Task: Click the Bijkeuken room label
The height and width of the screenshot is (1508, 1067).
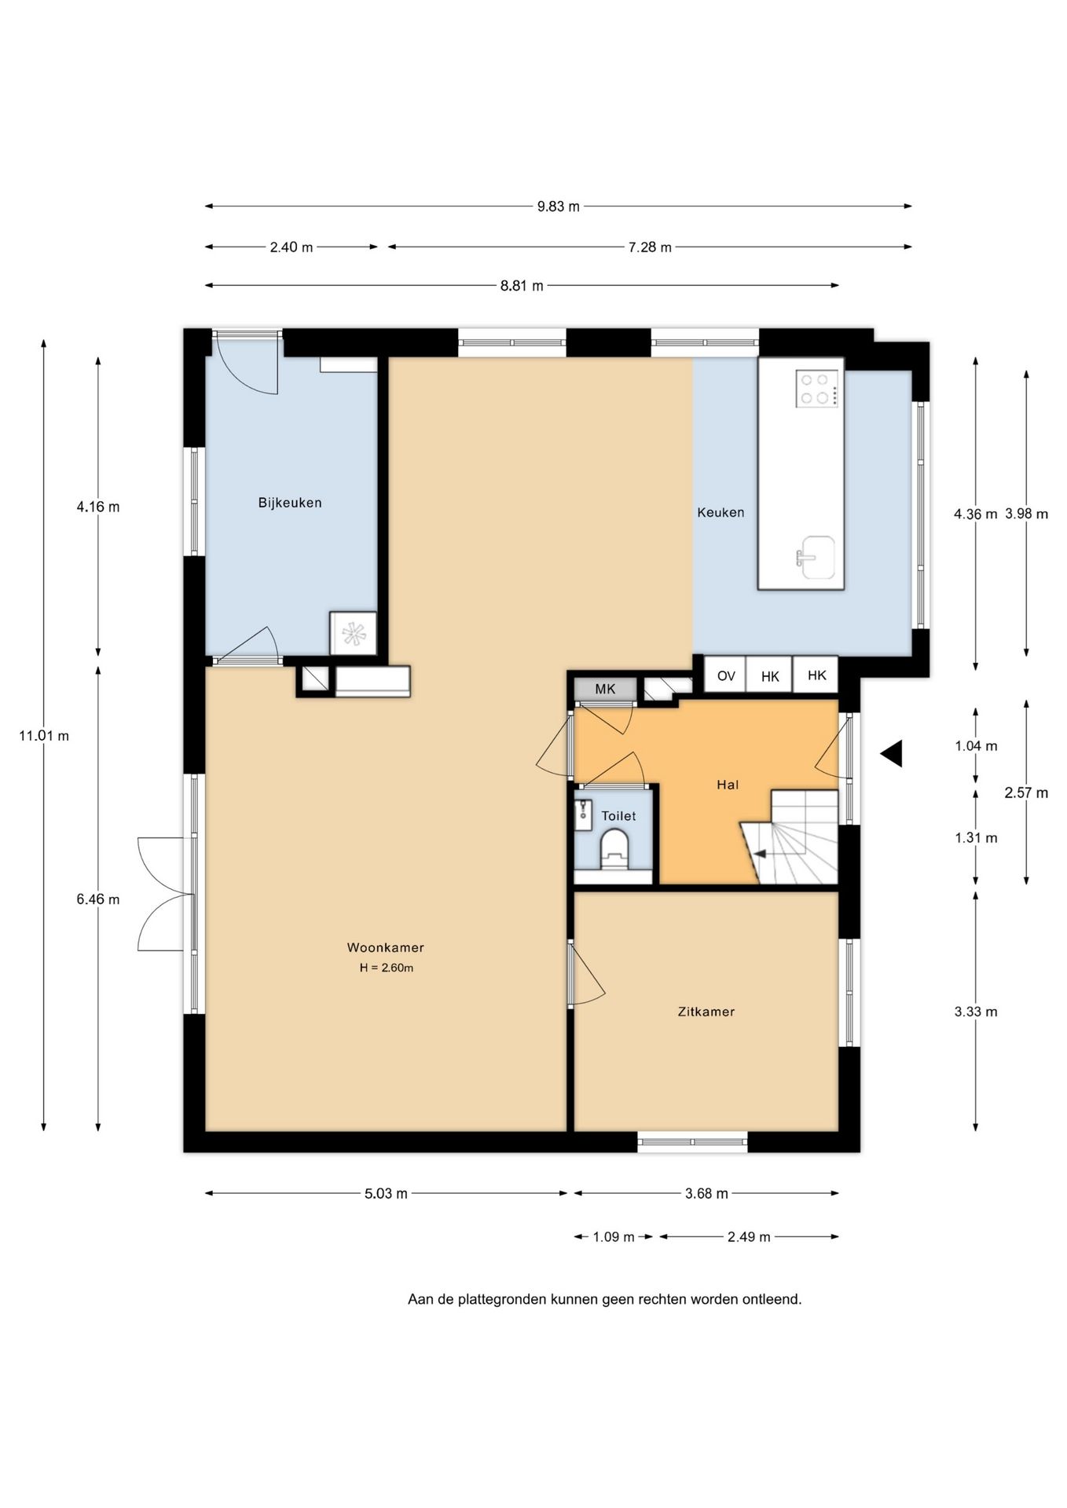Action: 290,503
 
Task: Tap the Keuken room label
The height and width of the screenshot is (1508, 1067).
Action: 720,512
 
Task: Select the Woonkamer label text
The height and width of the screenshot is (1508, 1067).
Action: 385,947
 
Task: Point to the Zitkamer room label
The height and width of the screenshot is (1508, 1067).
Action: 706,1012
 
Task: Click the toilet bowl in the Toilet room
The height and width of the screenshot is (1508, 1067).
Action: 614,851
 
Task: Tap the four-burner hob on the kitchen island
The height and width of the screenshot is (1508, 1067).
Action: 817,389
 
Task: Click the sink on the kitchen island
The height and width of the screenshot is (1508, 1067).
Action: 816,557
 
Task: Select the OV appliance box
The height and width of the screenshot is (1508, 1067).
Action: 725,675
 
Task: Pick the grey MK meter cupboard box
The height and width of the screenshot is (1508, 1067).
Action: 605,689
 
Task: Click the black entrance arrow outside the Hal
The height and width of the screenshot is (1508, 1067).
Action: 891,754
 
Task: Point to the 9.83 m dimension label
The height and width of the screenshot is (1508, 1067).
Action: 558,207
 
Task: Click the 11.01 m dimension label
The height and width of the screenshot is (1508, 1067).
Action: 44,736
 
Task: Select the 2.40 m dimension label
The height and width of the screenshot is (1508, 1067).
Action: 291,247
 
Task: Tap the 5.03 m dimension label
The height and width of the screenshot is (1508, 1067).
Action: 386,1194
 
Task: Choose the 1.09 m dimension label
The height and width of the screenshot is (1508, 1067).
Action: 614,1237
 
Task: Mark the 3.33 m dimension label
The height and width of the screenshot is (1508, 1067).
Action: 976,1012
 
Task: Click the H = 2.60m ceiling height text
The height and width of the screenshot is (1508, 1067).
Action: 387,968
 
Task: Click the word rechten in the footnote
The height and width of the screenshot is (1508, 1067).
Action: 662,1299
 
